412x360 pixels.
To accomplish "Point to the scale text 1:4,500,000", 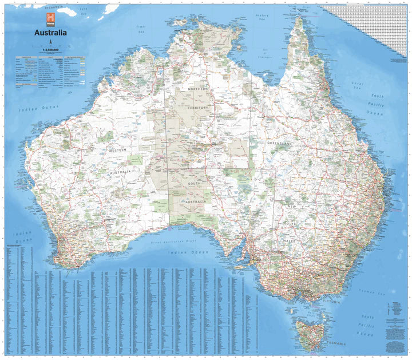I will [50, 50].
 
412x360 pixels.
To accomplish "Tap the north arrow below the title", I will [50, 42].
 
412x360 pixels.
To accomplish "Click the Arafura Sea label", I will [263, 17].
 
